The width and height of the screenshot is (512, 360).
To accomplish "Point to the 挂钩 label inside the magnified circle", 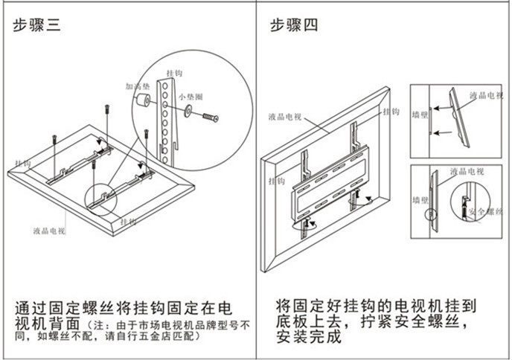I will click(177, 73).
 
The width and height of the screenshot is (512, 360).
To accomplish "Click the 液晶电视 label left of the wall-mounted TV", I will click(285, 117).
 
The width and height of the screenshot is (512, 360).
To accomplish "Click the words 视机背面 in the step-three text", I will click(46, 325).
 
